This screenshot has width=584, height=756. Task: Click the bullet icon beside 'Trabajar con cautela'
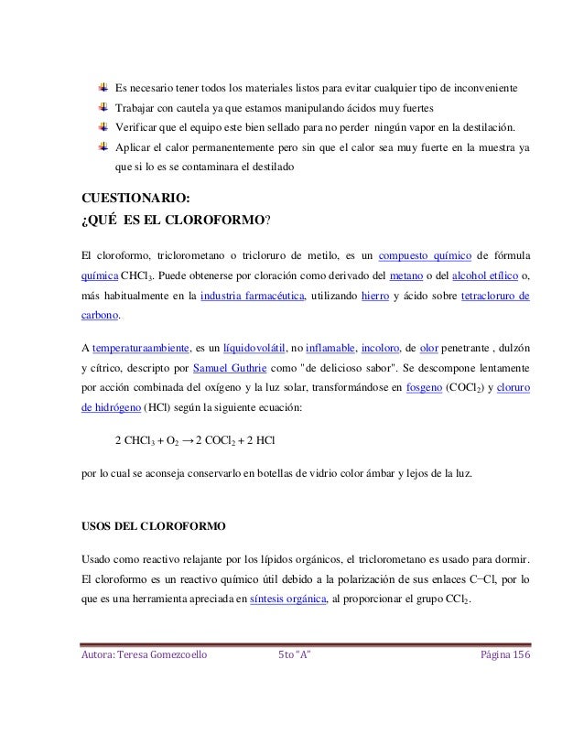click(103, 108)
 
